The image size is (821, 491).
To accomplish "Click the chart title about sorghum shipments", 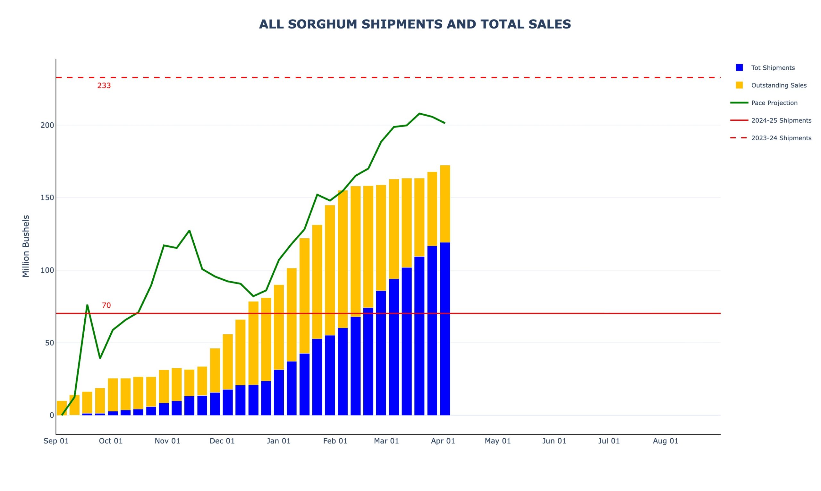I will point(415,24).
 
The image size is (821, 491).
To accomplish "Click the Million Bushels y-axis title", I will point(26,246).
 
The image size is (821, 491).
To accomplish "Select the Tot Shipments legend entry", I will point(773,68).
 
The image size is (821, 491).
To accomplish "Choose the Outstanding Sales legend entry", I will point(779,85).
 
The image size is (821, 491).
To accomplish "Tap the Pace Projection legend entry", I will point(774,103).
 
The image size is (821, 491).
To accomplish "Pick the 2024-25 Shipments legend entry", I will point(781,120).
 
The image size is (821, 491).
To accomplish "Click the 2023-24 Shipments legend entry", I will point(781,138).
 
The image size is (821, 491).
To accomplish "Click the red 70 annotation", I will point(106,305).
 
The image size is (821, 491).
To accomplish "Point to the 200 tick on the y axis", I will point(47,125).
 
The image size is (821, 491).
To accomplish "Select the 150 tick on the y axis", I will point(47,198).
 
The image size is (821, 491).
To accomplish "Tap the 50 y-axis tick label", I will point(49,343).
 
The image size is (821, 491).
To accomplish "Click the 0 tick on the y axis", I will point(52,415).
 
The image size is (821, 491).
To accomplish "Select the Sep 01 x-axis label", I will point(56,441).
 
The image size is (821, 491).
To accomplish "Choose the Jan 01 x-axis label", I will point(278,441).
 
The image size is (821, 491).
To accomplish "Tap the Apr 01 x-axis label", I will point(443,441).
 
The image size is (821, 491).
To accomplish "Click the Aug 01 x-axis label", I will point(665,441).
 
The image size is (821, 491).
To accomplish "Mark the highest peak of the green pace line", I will point(419,113).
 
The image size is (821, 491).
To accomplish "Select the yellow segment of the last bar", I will point(445,204).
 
